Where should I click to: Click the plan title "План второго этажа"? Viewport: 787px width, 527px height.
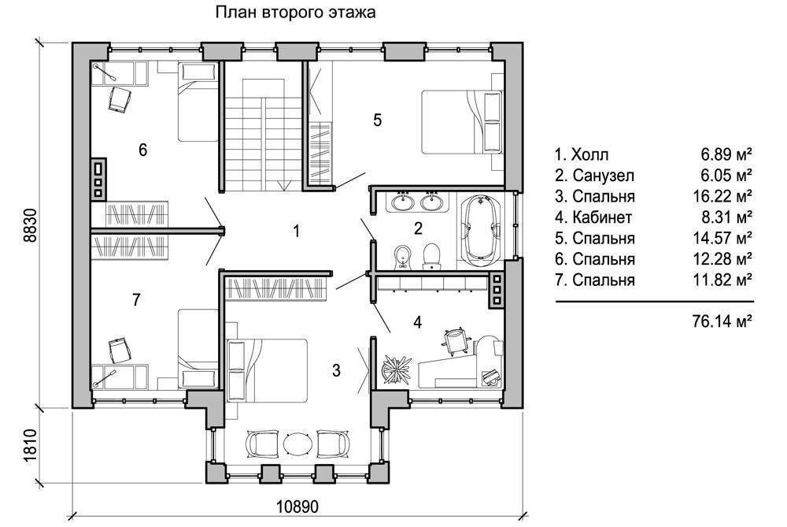point(295,12)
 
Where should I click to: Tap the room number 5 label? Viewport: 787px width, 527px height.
point(378,120)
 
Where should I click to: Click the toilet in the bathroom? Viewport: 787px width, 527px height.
point(431,256)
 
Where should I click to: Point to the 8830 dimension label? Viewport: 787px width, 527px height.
point(31,225)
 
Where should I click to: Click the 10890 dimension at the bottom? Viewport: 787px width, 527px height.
point(297,507)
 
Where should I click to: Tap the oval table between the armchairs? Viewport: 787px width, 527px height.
point(298,443)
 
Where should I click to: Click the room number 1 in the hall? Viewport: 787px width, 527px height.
point(297,231)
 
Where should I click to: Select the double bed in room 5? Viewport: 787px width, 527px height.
point(461,121)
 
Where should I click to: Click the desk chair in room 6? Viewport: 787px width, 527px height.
point(120,98)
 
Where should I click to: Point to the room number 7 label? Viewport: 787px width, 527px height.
point(136,300)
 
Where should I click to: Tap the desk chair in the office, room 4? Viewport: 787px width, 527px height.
point(456,340)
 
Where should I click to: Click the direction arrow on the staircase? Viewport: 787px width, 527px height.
point(283,185)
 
